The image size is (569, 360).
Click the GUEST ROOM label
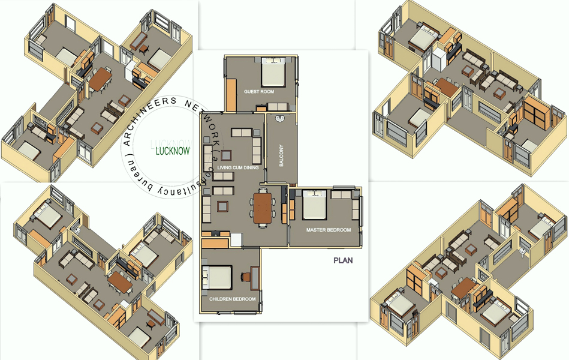[259, 92]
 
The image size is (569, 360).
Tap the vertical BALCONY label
[281, 155]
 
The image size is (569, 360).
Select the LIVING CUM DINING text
[237, 167]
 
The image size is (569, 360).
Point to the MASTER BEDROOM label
[329, 230]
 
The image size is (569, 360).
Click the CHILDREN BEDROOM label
[232, 299]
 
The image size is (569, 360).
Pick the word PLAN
[343, 260]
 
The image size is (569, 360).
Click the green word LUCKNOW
[173, 151]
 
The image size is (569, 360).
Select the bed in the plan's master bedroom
[315, 205]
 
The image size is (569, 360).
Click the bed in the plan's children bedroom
[217, 278]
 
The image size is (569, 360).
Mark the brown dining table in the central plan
[263, 208]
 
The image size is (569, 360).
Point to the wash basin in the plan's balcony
[280, 118]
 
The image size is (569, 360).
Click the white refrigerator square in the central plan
[236, 240]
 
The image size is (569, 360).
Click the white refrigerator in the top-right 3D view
[438, 59]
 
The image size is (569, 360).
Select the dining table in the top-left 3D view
[100, 79]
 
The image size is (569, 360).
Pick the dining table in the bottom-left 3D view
[121, 282]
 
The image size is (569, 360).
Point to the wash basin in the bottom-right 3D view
[523, 251]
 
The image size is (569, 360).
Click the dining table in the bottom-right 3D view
[462, 288]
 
